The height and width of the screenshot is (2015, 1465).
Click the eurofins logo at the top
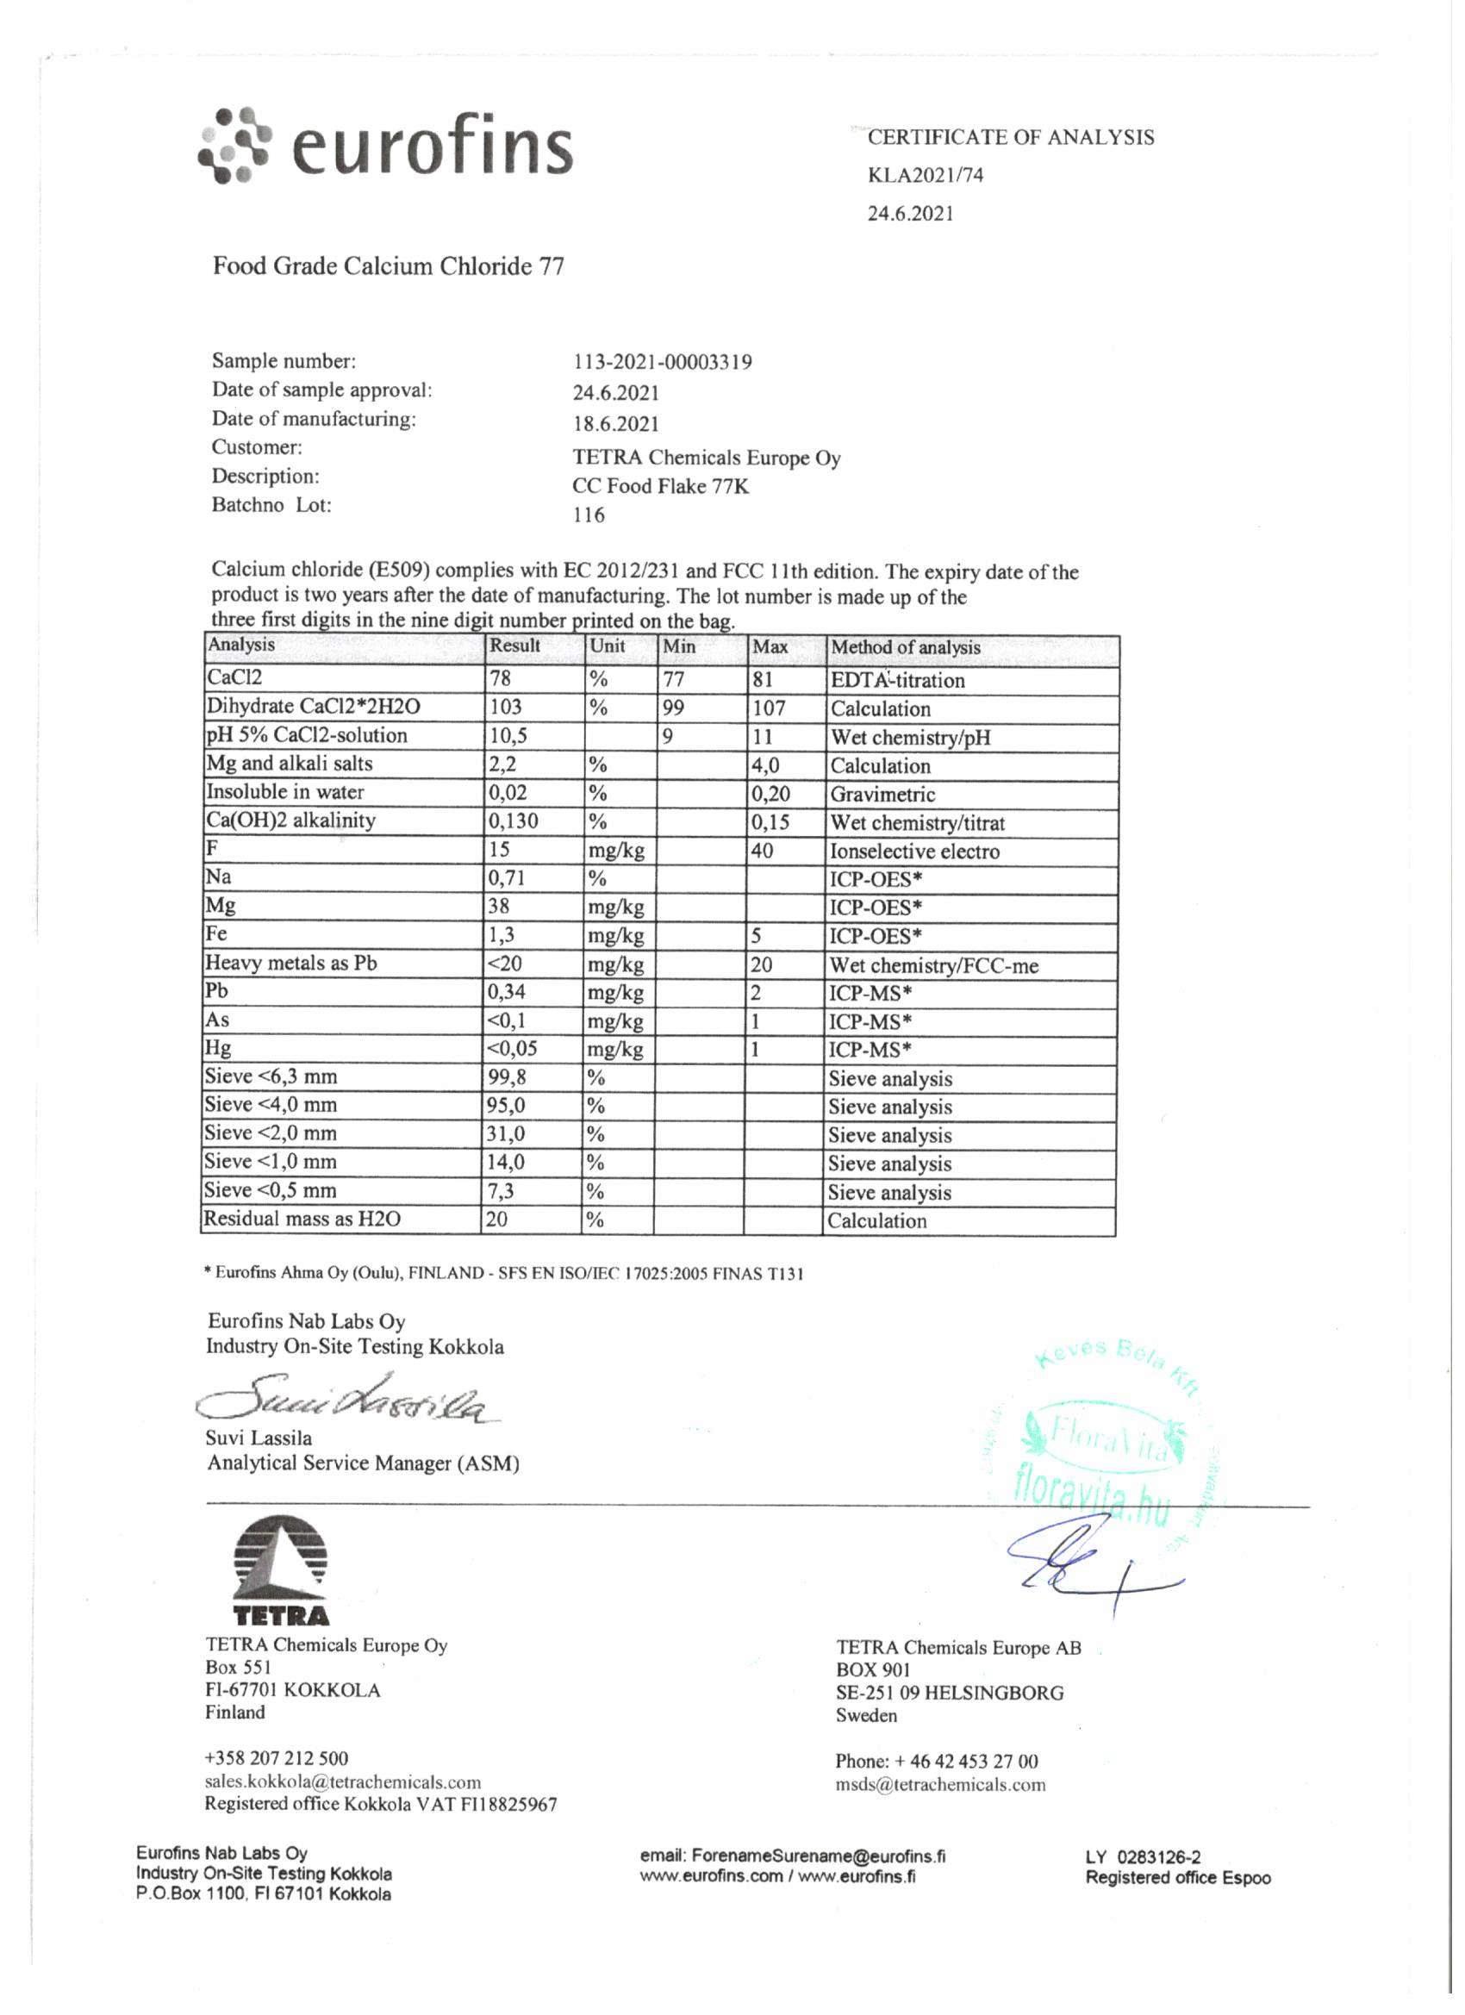pyautogui.click(x=383, y=146)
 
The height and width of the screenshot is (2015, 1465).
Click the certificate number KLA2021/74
pyautogui.click(x=925, y=175)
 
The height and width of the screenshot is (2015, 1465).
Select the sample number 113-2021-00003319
pyautogui.click(x=662, y=363)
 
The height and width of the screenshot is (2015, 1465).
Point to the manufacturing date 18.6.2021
pyautogui.click(x=615, y=424)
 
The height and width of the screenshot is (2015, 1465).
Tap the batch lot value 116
pyautogui.click(x=588, y=515)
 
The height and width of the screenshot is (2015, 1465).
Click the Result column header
pyautogui.click(x=515, y=646)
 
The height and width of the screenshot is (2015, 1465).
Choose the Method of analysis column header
pyautogui.click(x=906, y=648)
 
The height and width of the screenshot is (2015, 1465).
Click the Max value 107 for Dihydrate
pyautogui.click(x=770, y=709)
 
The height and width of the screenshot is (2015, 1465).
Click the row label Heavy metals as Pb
pyautogui.click(x=291, y=963)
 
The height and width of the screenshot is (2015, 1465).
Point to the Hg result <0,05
pyautogui.click(x=513, y=1048)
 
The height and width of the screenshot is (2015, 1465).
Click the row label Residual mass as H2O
pyautogui.click(x=302, y=1219)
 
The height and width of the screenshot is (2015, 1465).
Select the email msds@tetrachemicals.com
pyautogui.click(x=940, y=1784)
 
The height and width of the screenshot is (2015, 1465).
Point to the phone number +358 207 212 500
pyautogui.click(x=277, y=1758)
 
